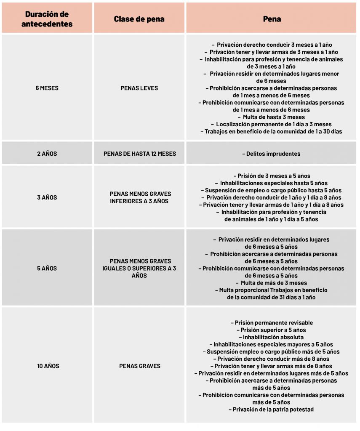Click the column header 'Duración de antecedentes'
(x=47, y=19)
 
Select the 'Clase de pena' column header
(x=139, y=19)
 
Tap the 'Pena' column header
(x=272, y=19)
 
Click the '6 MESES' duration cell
(x=47, y=88)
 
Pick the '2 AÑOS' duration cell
(x=47, y=154)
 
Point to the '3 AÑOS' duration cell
(x=47, y=197)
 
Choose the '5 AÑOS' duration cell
(x=47, y=268)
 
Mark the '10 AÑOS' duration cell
(x=47, y=366)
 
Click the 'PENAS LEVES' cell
(x=139, y=88)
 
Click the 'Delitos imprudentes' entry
(x=272, y=154)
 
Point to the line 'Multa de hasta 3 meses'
(x=272, y=117)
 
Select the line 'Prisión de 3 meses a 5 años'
(x=272, y=176)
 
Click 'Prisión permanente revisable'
(x=272, y=323)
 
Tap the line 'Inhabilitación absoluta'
(x=272, y=337)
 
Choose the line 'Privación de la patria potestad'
(x=272, y=410)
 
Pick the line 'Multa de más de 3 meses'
(x=272, y=283)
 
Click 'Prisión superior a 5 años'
(x=272, y=330)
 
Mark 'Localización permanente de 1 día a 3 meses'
(x=272, y=124)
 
